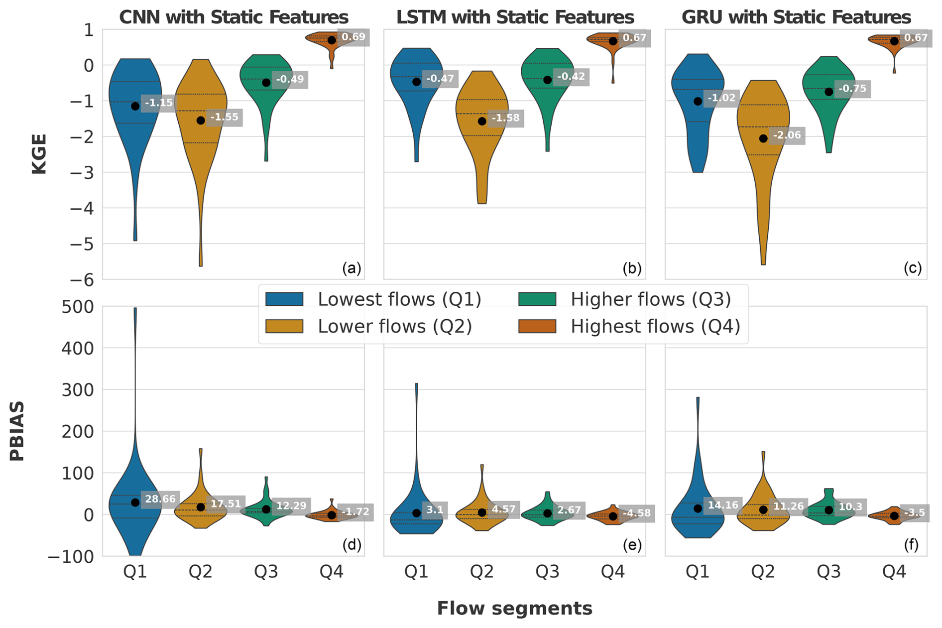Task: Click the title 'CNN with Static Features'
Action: coord(234,17)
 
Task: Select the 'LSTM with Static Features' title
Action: coord(515,17)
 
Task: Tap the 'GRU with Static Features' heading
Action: coord(796,17)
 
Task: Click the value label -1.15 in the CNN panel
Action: coord(158,103)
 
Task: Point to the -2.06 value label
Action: coord(787,135)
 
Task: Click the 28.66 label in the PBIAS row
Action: coord(160,499)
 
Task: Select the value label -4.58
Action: coord(636,513)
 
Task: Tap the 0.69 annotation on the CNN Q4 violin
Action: coord(353,37)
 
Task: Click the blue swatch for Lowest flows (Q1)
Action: coord(284,299)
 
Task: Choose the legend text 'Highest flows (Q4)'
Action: coord(655,326)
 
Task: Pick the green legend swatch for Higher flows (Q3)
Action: coord(537,299)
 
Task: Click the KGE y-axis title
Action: coord(39,154)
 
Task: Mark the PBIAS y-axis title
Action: coord(17,431)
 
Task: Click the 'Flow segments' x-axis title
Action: coord(514,608)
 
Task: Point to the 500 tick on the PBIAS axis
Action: coord(78,307)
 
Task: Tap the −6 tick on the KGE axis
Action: coord(82,280)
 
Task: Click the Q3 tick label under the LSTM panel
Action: coord(547,572)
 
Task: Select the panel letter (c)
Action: coord(912,268)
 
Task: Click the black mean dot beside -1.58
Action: coord(482,121)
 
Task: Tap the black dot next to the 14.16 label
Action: coord(698,508)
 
